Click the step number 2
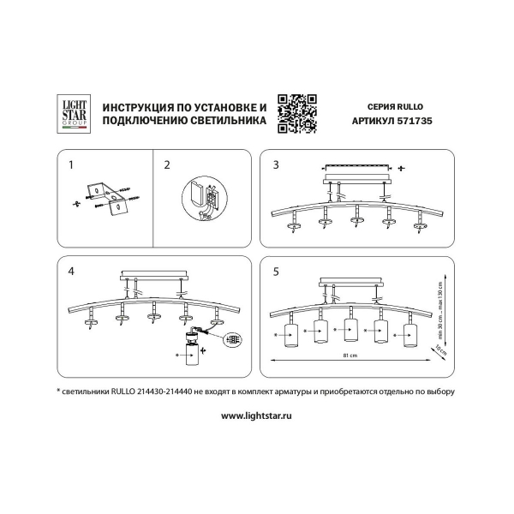pos(167,163)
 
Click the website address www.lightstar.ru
pos(257,415)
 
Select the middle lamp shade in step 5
pos(350,330)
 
